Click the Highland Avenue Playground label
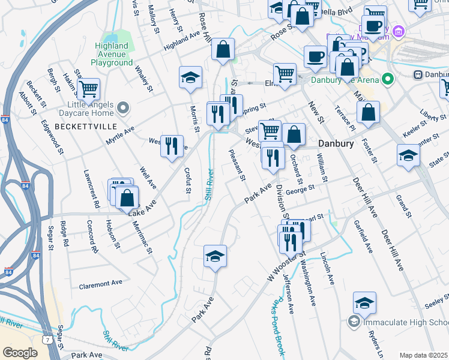click(x=112, y=54)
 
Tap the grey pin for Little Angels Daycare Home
click(x=124, y=109)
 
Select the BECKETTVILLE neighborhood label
click(x=82, y=127)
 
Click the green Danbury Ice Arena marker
click(x=388, y=79)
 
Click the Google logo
click(x=20, y=353)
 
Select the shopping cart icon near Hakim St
click(x=88, y=89)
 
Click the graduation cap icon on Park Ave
click(x=215, y=256)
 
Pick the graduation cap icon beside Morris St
click(x=190, y=77)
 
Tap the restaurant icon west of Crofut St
click(x=172, y=145)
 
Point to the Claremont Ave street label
click(x=100, y=283)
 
